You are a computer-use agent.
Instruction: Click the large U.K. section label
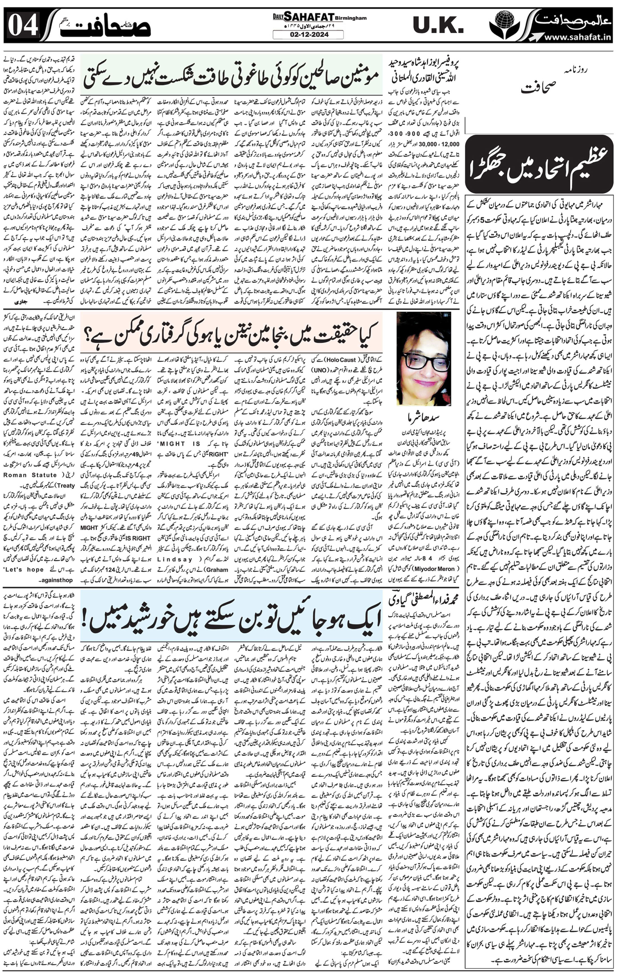[x=438, y=26]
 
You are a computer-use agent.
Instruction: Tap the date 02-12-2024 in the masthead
[x=308, y=35]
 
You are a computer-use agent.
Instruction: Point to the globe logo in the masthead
[x=504, y=23]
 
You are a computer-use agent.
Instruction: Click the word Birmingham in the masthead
[x=351, y=18]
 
